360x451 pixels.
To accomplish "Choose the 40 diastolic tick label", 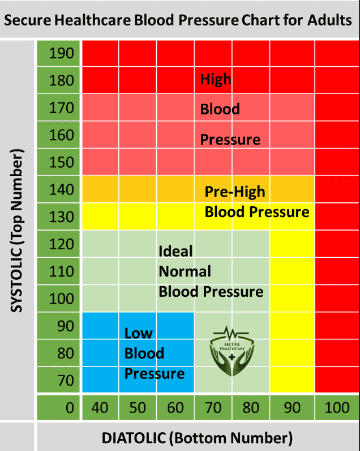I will pos(101,408).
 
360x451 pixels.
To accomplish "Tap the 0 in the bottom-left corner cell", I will pos(69,408).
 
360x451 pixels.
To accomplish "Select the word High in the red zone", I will pos(216,79).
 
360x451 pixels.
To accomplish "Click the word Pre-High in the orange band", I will pos(234,192).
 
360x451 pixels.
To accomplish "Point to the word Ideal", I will pos(175,250).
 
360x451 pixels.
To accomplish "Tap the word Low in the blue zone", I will pos(139,333).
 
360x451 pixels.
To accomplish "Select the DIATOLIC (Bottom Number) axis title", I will pos(197,438).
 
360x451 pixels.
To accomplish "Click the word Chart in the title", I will pos(262,22).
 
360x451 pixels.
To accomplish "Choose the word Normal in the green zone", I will pos(185,271).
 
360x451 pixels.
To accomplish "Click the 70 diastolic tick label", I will pos(213,408).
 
